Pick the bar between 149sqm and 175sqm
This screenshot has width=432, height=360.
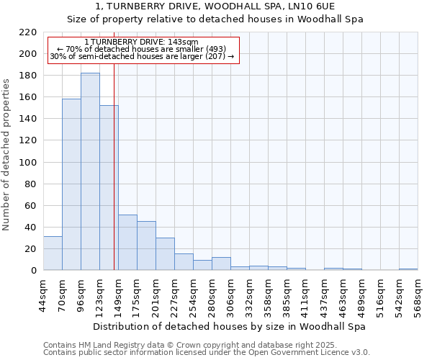[x=127, y=243]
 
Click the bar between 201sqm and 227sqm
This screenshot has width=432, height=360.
[x=165, y=254]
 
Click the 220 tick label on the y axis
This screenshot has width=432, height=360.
[x=29, y=32]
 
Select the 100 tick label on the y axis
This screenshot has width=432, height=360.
[x=29, y=163]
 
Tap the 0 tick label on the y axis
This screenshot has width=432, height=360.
[x=34, y=271]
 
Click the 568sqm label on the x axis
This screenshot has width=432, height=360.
[x=418, y=294]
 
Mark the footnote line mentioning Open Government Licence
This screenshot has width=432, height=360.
[x=207, y=353]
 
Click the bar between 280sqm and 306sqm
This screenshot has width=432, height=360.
[x=221, y=264]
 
